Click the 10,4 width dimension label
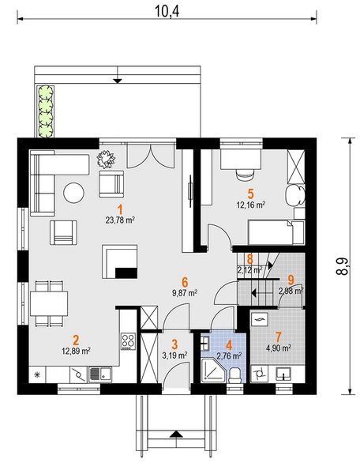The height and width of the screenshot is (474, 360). point(167,11)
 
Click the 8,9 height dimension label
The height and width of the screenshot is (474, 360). point(341,266)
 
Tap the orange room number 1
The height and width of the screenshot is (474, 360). point(120,209)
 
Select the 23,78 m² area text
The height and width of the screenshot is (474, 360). point(120,220)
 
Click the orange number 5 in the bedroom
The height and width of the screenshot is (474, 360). point(251,194)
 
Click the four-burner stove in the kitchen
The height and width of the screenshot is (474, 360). point(128,341)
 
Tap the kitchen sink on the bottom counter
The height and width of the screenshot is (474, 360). point(100,374)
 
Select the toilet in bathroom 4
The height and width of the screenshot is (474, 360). point(235,375)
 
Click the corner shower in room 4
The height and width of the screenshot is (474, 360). point(212,371)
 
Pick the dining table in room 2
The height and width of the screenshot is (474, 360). point(49,303)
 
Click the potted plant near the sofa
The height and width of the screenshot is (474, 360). point(106,159)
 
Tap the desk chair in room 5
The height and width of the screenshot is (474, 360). point(245,175)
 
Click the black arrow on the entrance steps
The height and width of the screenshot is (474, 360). point(176,434)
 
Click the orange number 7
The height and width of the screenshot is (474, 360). point(278,337)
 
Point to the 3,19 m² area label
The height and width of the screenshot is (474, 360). point(174,355)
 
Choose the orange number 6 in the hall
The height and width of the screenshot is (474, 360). point(185,282)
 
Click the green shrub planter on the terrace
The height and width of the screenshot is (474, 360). point(46,111)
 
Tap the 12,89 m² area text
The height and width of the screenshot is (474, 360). point(76,351)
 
